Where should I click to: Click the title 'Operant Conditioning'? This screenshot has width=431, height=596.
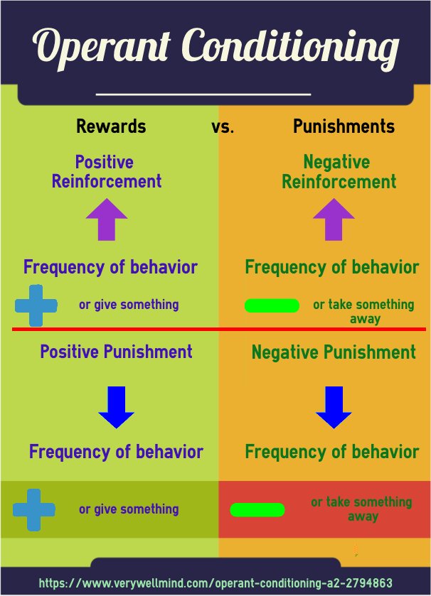[x=215, y=47]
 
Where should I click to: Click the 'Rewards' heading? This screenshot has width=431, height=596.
[x=111, y=127]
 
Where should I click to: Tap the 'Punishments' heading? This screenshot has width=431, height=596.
[x=344, y=127]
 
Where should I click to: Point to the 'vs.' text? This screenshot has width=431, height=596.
[x=223, y=128]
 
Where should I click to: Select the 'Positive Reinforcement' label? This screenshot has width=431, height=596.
[x=106, y=172]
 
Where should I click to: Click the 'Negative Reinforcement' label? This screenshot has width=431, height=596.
[x=339, y=172]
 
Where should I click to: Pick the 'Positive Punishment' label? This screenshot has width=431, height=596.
[x=116, y=352]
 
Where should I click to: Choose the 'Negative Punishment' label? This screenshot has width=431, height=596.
[x=334, y=352]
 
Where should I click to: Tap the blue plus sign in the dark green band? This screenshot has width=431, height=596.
[x=33, y=509]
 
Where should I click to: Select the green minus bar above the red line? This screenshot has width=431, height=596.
[x=272, y=306]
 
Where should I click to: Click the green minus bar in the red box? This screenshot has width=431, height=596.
[x=257, y=509]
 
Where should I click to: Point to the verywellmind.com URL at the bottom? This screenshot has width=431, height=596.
[x=215, y=583]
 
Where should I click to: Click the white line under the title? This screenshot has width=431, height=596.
[x=203, y=94]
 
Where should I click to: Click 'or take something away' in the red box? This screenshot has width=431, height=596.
[x=361, y=509]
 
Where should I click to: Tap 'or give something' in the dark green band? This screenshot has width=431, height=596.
[x=129, y=509]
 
